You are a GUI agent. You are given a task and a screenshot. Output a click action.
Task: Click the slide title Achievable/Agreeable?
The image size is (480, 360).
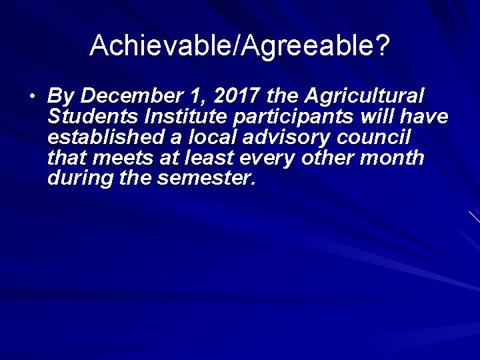coord(240,45)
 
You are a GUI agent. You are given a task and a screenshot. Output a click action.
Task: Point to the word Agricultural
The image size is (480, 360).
coord(364,97)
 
